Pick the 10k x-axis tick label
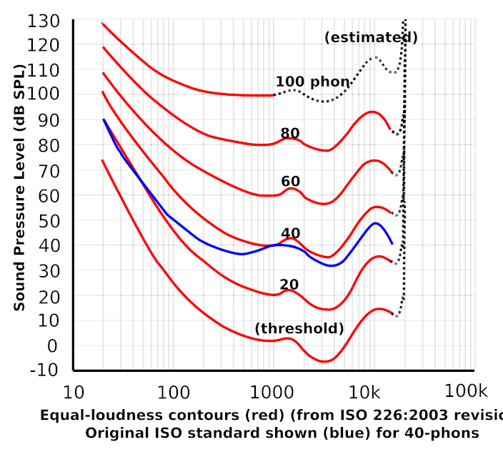click(369, 392)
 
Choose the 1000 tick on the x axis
click(272, 392)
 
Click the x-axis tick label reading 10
click(73, 392)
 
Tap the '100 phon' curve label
click(312, 82)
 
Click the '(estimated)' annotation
click(371, 38)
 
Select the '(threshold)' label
click(300, 329)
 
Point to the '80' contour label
click(290, 133)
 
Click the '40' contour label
click(290, 233)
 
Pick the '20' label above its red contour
click(289, 284)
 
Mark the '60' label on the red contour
click(290, 182)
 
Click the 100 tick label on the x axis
click(173, 392)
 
